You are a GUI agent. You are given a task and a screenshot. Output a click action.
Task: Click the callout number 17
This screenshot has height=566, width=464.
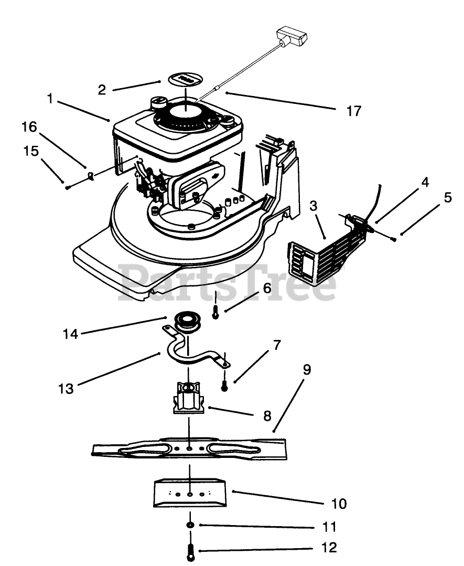click(353, 111)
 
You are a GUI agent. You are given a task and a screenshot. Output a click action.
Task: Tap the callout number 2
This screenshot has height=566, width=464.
click(102, 90)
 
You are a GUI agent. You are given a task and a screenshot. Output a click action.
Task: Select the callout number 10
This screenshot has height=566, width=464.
click(339, 504)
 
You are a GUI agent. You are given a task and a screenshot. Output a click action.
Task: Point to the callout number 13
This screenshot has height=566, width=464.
click(66, 389)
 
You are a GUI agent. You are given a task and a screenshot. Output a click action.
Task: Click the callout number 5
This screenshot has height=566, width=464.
click(448, 197)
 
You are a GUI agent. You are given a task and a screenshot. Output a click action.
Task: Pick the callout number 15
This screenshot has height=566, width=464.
click(31, 151)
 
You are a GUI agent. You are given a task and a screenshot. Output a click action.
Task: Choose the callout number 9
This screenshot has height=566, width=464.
click(307, 370)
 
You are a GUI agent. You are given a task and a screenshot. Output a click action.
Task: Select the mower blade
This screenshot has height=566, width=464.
click(189, 448)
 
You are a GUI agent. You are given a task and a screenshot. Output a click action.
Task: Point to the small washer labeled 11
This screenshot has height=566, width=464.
click(190, 525)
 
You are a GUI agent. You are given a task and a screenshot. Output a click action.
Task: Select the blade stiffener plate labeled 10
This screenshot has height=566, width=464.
click(189, 493)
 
